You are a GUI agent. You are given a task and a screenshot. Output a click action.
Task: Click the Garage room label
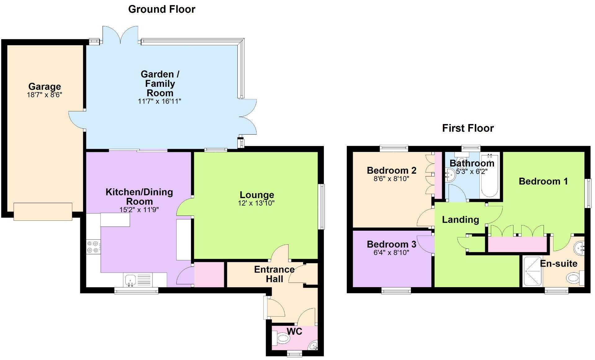click(x=45, y=87)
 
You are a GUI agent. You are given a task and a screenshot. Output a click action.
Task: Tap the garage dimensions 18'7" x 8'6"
click(x=45, y=95)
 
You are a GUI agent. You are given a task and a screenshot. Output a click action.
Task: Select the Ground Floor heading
click(x=161, y=9)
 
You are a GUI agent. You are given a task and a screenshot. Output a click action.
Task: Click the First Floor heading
click(x=468, y=128)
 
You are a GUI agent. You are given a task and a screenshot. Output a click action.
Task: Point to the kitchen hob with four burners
click(x=93, y=247)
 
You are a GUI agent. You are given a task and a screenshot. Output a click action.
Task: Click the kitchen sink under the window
click(x=130, y=281)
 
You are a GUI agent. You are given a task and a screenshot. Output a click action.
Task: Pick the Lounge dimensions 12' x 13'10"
click(x=256, y=203)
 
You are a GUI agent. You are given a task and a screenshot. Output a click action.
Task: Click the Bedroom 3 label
click(x=391, y=244)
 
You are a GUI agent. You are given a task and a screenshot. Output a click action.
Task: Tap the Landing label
click(x=460, y=220)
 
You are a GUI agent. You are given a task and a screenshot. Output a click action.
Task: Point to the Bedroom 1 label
click(x=543, y=181)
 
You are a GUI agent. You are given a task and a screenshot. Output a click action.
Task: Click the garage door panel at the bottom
click(x=43, y=211)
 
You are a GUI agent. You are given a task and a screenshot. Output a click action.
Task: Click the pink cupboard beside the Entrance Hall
click(x=209, y=274)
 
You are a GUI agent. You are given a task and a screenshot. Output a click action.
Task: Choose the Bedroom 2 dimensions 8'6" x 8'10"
click(x=391, y=179)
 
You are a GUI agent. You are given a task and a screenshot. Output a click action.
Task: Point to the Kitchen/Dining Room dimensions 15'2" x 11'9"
click(x=139, y=210)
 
